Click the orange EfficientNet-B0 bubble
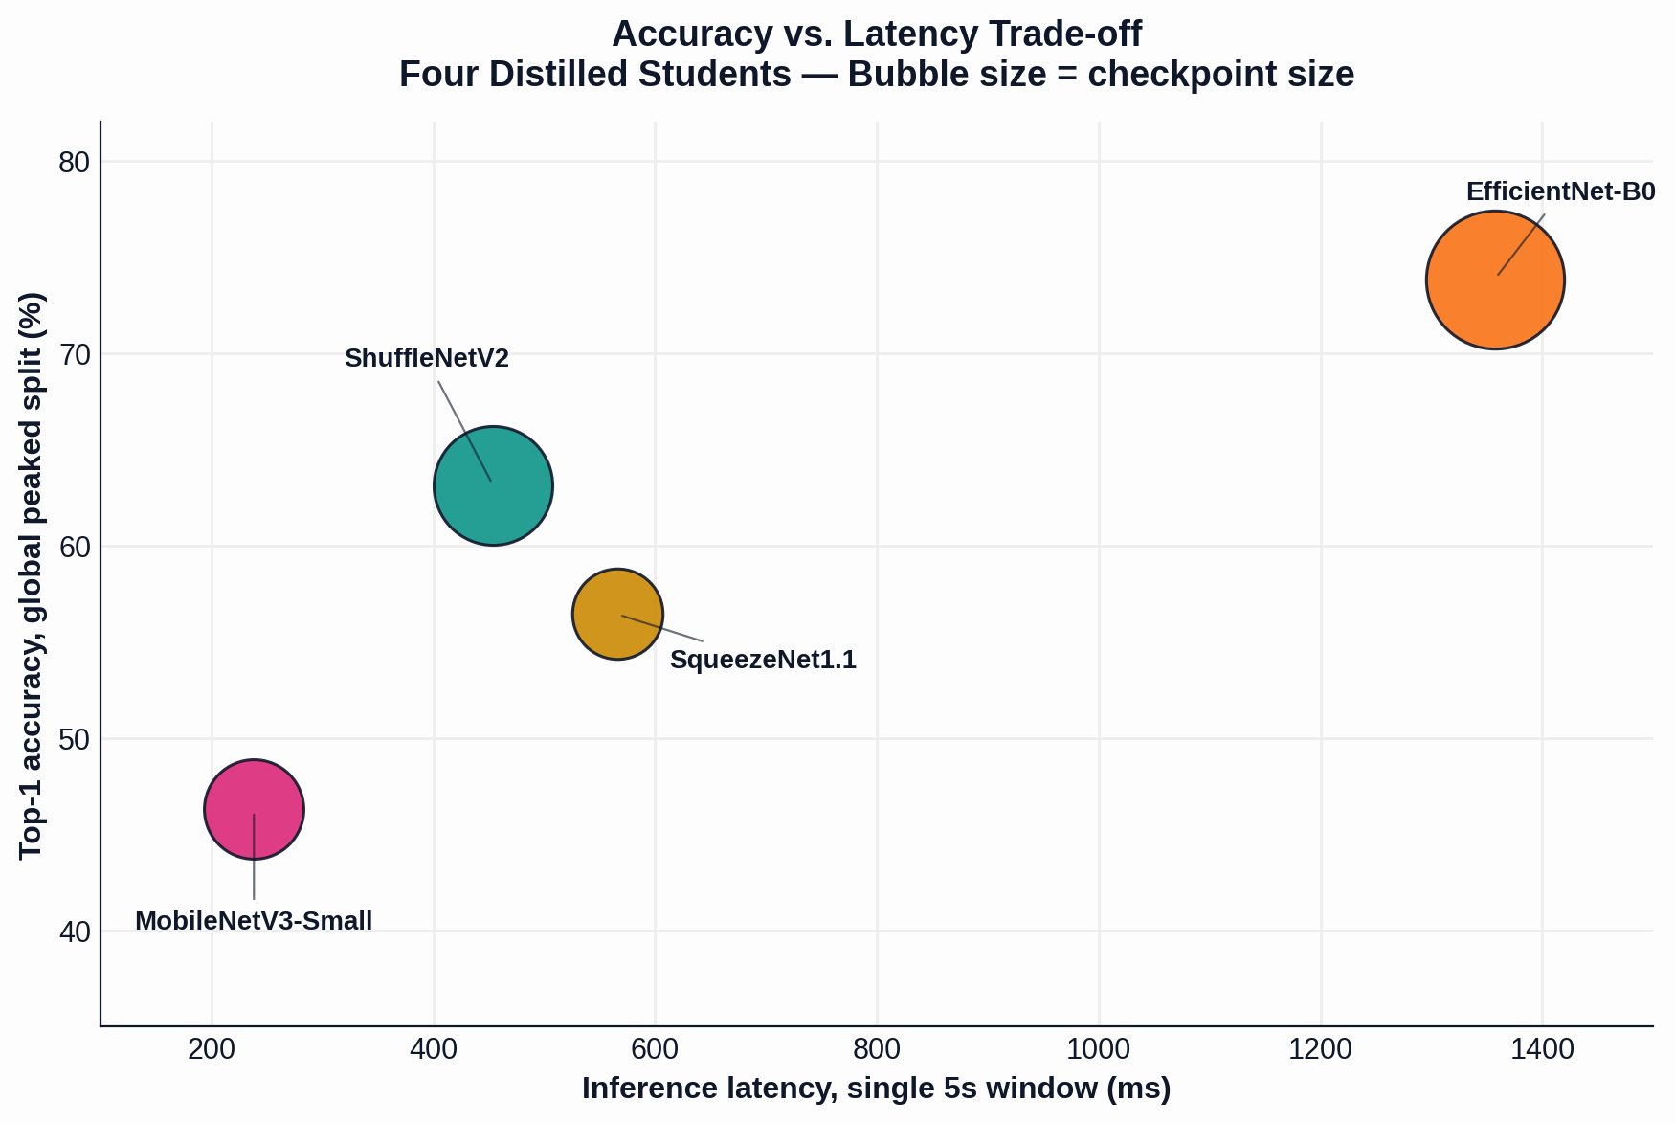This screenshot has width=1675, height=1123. pos(1495,280)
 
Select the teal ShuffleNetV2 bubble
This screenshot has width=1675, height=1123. pos(493,485)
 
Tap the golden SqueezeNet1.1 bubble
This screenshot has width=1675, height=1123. pos(617,614)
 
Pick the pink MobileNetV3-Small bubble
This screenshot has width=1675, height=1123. pos(254,810)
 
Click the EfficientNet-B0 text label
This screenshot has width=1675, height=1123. pos(1560,191)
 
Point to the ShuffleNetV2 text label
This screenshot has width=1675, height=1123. pos(427,358)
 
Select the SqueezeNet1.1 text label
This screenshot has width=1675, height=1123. pos(763,660)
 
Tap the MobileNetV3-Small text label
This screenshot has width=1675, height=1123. pos(254,921)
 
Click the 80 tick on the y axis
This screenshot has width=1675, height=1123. pos(74,162)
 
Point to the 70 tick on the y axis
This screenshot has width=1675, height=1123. pos(74,354)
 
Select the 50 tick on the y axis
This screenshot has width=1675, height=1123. pos(74,739)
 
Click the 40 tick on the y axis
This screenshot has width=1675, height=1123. pos(74,932)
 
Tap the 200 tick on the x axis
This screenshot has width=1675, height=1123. pos(212,1049)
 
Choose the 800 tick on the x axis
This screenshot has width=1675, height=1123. pos(877,1049)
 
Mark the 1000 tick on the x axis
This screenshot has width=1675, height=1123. pos(1099,1049)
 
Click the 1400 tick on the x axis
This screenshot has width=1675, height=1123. pos(1542,1049)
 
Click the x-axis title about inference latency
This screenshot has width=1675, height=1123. pos(877,1089)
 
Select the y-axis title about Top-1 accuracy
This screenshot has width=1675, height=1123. pos(32,574)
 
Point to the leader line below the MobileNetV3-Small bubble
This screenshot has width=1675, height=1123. pos(254,857)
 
